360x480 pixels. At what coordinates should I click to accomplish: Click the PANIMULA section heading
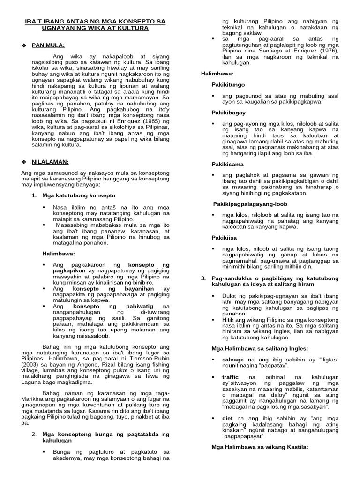click(48, 45)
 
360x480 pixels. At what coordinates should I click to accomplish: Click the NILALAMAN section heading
click(50, 162)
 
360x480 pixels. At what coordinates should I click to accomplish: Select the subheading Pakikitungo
click(228, 84)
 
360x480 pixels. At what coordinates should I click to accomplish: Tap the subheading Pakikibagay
click(228, 112)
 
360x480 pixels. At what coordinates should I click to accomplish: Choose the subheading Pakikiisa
click(224, 238)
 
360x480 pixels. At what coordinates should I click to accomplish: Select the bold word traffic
click(231, 377)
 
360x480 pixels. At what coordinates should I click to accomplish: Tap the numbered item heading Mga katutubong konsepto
click(79, 195)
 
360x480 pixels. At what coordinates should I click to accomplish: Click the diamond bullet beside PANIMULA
click(24, 45)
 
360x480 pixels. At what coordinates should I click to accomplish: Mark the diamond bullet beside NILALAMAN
click(24, 162)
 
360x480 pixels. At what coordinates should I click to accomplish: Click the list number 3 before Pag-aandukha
click(203, 278)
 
